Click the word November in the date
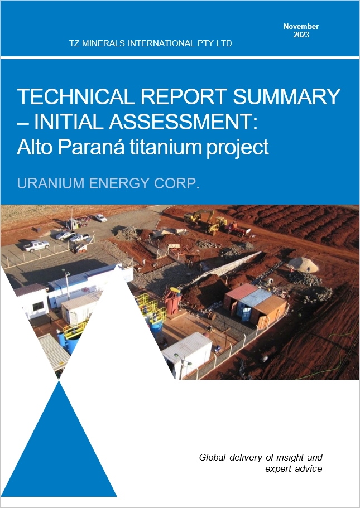tap(301, 27)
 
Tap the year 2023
tap(301, 35)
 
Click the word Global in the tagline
tap(213, 457)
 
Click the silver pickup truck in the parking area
tap(37, 245)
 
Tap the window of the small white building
tap(38, 306)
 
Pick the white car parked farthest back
tap(100, 217)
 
